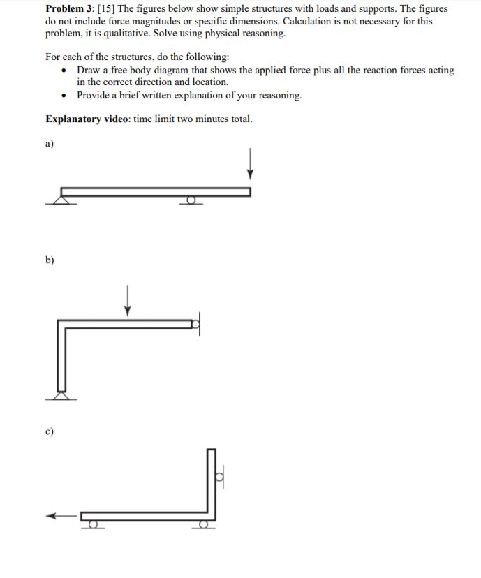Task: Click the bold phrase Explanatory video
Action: coord(87,119)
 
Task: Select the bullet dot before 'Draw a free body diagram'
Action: coord(64,71)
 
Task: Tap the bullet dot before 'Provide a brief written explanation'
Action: coord(64,95)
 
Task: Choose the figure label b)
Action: coord(50,260)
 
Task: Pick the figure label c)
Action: coord(50,431)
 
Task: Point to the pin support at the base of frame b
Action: coord(61,395)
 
